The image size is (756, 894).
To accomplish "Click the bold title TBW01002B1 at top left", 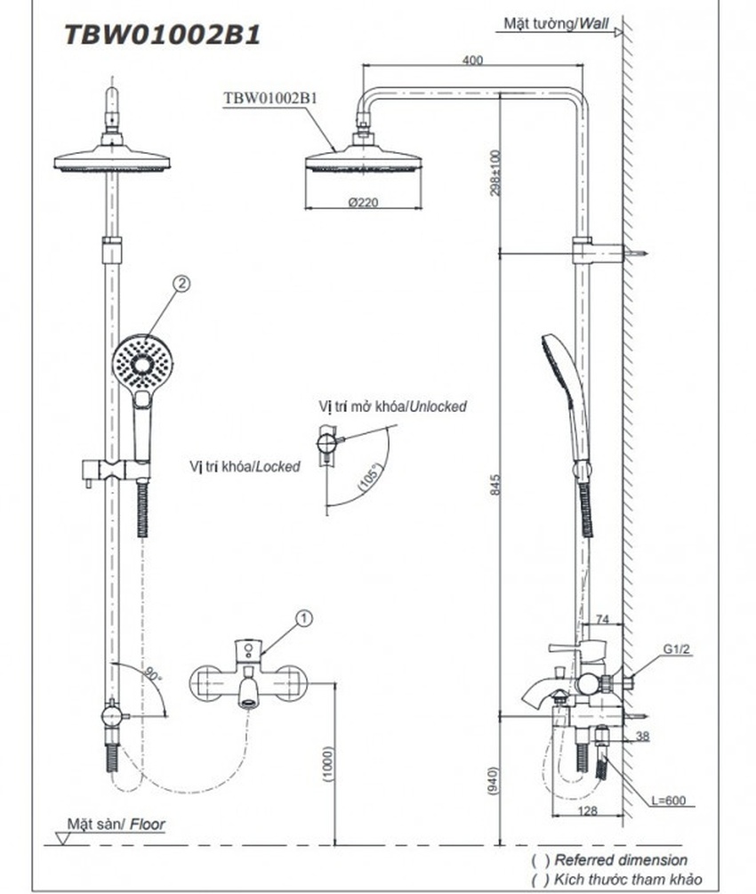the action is (x=163, y=35).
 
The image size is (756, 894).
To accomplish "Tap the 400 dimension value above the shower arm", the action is (x=472, y=60).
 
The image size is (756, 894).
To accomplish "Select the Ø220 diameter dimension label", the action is (x=363, y=202).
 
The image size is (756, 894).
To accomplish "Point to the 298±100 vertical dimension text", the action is (x=495, y=173).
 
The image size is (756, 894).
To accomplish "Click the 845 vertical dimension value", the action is (x=495, y=485).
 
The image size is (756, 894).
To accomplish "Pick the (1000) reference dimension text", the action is (x=328, y=764).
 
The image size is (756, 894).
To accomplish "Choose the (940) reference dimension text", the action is (x=493, y=781).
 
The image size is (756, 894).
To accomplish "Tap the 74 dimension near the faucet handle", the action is (x=602, y=619).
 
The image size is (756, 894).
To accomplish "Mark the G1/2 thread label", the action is (x=676, y=648).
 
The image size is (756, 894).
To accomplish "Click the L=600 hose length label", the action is (x=668, y=801).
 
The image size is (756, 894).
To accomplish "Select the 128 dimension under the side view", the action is (x=587, y=810).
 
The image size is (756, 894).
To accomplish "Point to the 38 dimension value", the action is (x=642, y=736).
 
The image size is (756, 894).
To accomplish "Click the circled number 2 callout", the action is (x=181, y=284).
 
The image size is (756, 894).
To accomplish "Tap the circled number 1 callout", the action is (x=304, y=618).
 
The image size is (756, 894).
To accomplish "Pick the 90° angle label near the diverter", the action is (x=152, y=674).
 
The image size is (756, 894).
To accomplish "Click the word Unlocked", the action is (x=438, y=407).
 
